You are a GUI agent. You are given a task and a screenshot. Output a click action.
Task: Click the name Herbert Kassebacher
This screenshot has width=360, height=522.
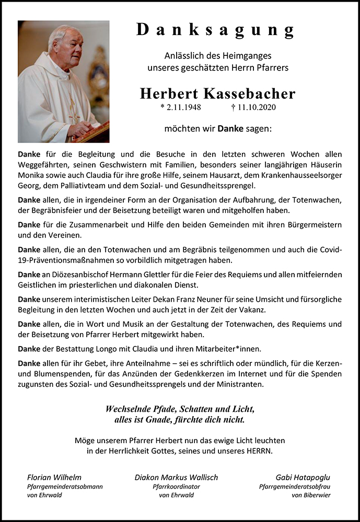[x=217, y=94]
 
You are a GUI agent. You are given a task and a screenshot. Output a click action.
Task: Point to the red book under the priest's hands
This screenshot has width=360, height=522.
[x=94, y=133]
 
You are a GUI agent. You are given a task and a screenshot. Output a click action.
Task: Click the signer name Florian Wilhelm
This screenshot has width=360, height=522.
[x=54, y=477]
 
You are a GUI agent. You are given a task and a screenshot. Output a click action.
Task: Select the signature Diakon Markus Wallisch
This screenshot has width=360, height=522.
[x=176, y=477]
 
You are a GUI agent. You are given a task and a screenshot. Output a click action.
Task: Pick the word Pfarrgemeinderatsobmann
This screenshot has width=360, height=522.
[x=64, y=487]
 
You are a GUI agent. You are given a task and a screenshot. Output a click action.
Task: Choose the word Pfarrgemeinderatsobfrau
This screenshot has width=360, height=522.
[x=295, y=487]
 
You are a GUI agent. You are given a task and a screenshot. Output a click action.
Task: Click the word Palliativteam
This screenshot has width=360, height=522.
[x=72, y=186]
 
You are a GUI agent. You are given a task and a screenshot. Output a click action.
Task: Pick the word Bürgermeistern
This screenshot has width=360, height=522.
[x=313, y=224]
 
